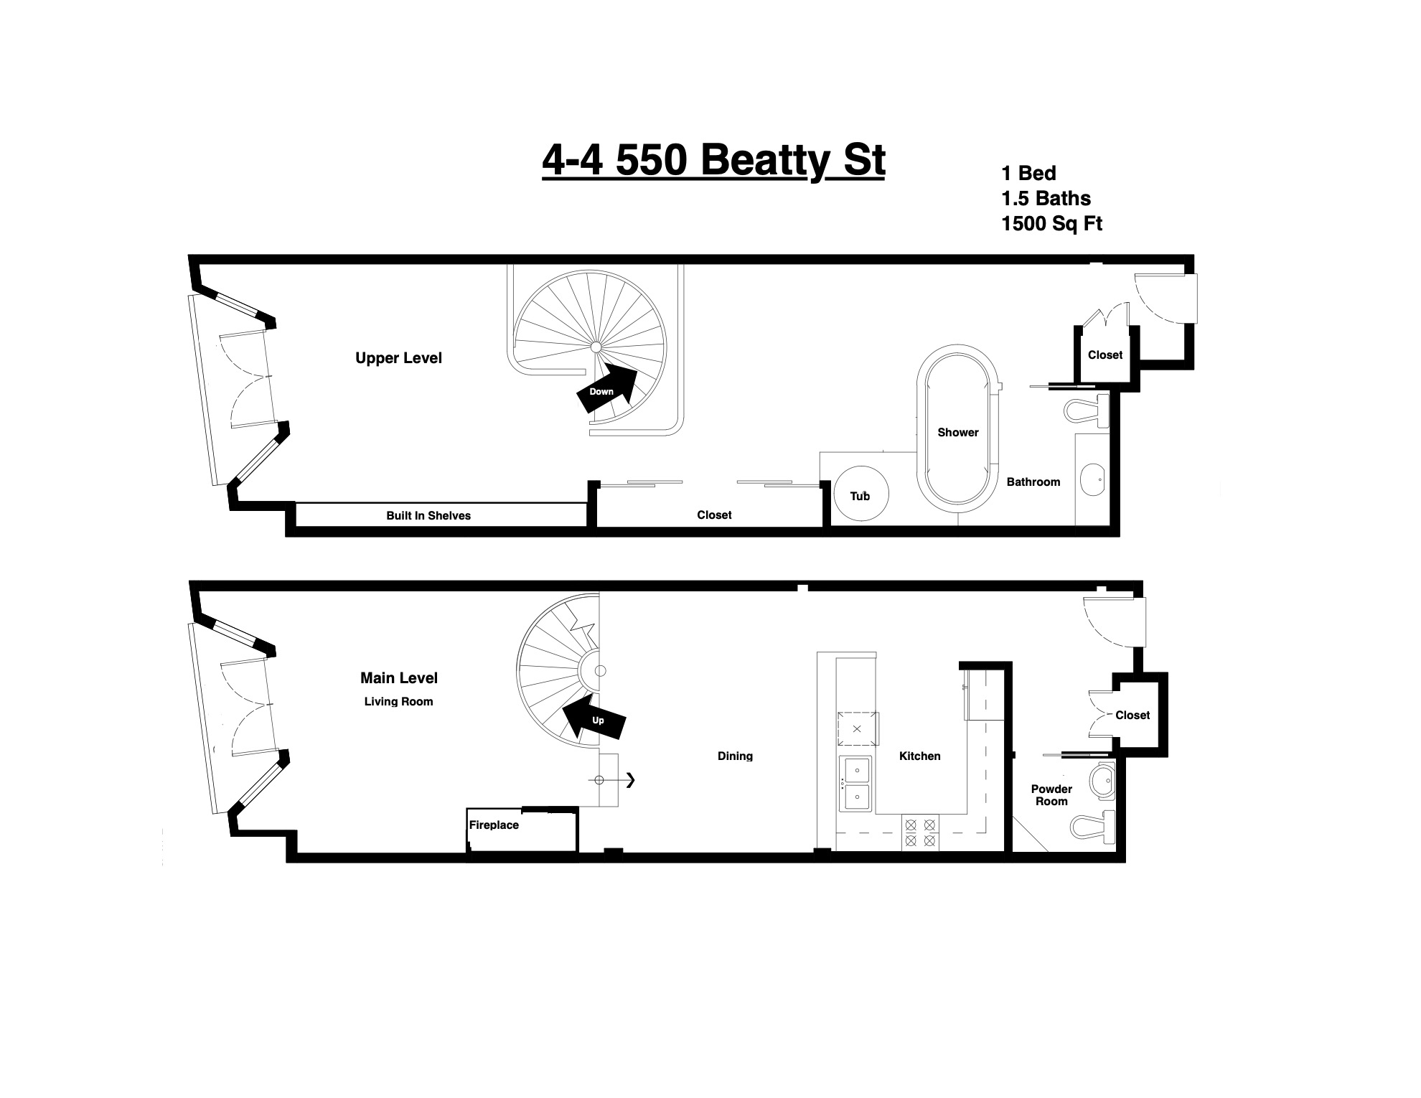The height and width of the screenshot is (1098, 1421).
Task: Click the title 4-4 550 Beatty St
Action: (x=713, y=160)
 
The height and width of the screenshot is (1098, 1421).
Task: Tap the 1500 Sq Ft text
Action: (x=1051, y=224)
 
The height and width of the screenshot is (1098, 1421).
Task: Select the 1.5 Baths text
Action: (x=1046, y=198)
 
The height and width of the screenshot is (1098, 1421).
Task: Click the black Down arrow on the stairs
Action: (x=607, y=388)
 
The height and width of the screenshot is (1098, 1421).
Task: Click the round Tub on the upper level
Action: (x=860, y=494)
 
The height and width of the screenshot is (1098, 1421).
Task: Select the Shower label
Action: (x=958, y=432)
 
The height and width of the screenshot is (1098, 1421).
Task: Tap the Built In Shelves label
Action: (x=428, y=515)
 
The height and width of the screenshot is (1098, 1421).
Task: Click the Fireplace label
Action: (x=494, y=825)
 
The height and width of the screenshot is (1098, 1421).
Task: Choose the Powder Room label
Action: (x=1051, y=795)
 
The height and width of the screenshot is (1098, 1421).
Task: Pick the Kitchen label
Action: (x=919, y=756)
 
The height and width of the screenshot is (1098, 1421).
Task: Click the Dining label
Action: (x=735, y=756)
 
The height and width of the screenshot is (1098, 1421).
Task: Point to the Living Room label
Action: (x=398, y=701)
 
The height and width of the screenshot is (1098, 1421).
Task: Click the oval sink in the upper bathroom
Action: (x=1092, y=479)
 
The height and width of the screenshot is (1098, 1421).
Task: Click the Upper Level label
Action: (x=398, y=358)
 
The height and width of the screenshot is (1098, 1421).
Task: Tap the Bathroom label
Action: (x=1033, y=482)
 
